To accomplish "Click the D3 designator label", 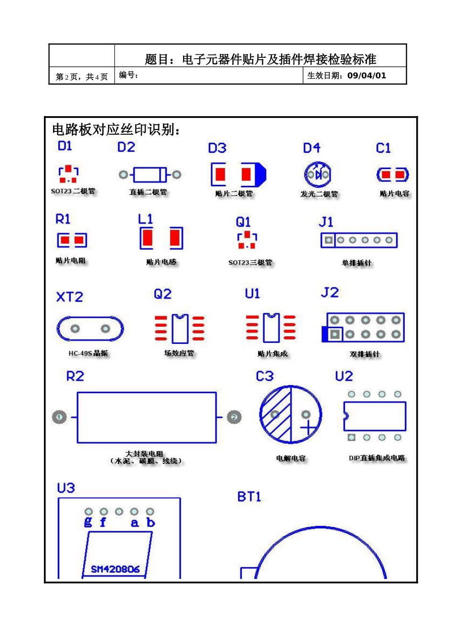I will (x=217, y=148).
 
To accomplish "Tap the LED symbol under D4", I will (x=318, y=174).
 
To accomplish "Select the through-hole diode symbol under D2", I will (x=150, y=175).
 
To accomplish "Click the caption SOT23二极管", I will (x=73, y=191).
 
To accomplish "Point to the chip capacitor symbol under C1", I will (x=392, y=175).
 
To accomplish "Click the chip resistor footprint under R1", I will (x=72, y=240).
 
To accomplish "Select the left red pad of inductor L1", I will (x=147, y=238).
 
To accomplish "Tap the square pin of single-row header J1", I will (x=328, y=240).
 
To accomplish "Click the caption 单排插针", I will (x=356, y=263).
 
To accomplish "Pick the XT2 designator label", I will (x=70, y=297).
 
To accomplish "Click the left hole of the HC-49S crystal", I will (x=75, y=329).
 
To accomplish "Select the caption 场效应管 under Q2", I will (x=179, y=353).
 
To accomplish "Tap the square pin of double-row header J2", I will (x=335, y=334).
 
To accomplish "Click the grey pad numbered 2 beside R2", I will (x=234, y=417).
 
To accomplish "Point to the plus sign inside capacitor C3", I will (x=308, y=427).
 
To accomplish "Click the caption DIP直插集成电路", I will (x=377, y=458).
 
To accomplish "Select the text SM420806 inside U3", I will (x=115, y=569).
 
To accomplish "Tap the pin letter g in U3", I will (x=88, y=522).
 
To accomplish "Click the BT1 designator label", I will (x=249, y=497).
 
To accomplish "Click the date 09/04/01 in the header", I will (x=367, y=75).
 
